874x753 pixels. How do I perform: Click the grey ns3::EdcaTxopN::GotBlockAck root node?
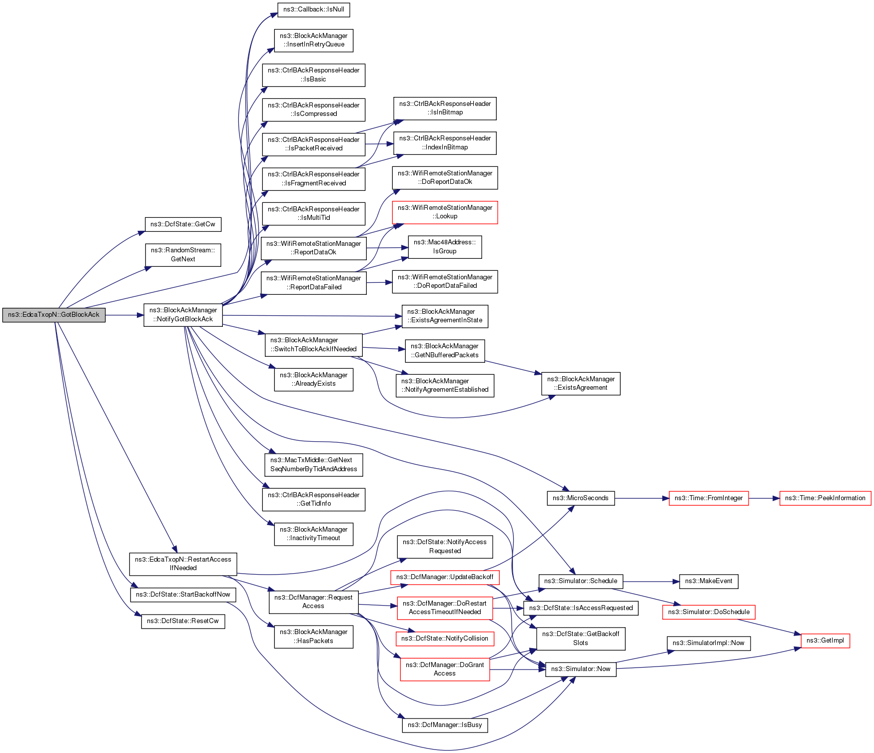click(x=54, y=315)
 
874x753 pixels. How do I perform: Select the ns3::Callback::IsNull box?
click(x=313, y=9)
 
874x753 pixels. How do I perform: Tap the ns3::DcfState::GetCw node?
click(x=183, y=224)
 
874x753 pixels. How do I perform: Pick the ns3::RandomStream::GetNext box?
click(x=183, y=255)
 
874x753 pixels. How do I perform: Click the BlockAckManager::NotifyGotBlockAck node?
click(x=183, y=315)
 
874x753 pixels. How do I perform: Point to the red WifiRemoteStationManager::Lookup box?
click(x=445, y=212)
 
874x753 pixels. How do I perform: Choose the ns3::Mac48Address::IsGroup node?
click(x=445, y=247)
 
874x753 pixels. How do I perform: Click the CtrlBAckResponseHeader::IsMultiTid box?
click(x=313, y=213)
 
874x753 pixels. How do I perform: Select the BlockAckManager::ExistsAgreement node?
click(x=581, y=383)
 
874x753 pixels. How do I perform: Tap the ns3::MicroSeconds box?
click(x=581, y=498)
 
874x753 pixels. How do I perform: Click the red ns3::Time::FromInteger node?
click(x=709, y=498)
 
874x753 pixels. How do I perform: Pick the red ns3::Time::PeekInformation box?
click(x=825, y=498)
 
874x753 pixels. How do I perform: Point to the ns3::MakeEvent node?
click(x=709, y=581)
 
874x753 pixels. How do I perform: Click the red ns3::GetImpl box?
click(x=825, y=641)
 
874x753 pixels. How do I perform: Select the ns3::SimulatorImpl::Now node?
click(x=709, y=643)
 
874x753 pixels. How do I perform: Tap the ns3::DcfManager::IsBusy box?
click(x=445, y=725)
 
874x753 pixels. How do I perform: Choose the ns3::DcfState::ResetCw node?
click(x=183, y=621)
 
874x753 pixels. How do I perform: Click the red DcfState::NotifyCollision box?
click(x=445, y=639)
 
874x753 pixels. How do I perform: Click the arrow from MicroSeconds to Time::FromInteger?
click(x=642, y=498)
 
